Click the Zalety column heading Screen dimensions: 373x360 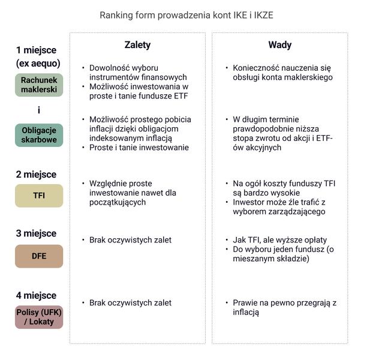[137, 45]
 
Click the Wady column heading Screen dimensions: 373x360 [280, 45]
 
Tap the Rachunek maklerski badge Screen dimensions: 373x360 [39, 85]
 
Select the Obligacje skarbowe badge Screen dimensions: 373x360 [39, 135]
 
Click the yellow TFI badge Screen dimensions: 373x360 [39, 196]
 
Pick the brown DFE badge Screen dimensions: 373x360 [39, 256]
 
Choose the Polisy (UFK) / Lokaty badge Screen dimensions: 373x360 [39, 317]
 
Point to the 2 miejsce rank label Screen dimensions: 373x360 [36, 175]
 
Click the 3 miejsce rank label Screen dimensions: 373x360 [36, 233]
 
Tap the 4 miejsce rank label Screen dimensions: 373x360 [36, 296]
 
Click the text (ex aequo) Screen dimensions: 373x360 [38, 64]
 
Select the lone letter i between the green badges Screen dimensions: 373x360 [39, 110]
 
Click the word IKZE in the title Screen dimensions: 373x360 [264, 15]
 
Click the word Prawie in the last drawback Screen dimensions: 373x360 [245, 303]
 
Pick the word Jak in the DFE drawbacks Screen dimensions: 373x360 [239, 240]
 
